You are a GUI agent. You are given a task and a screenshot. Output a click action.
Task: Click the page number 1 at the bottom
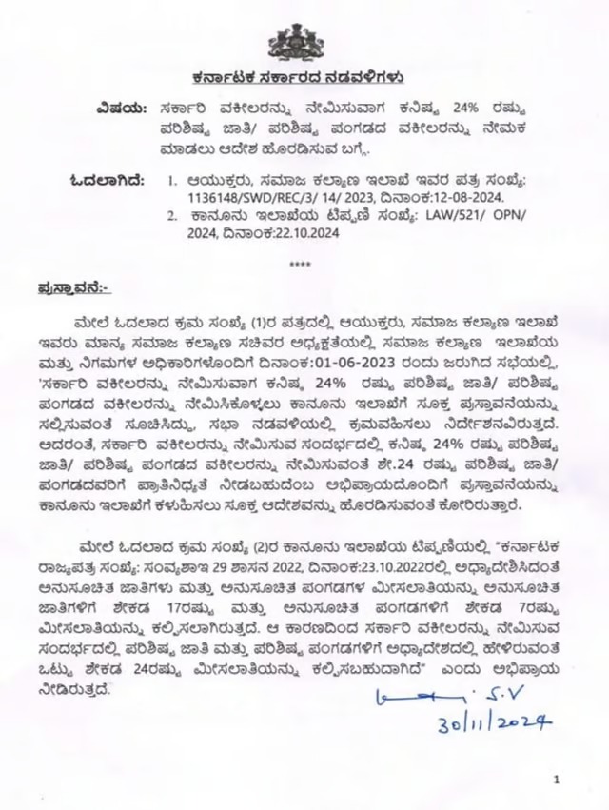tap(555, 780)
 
